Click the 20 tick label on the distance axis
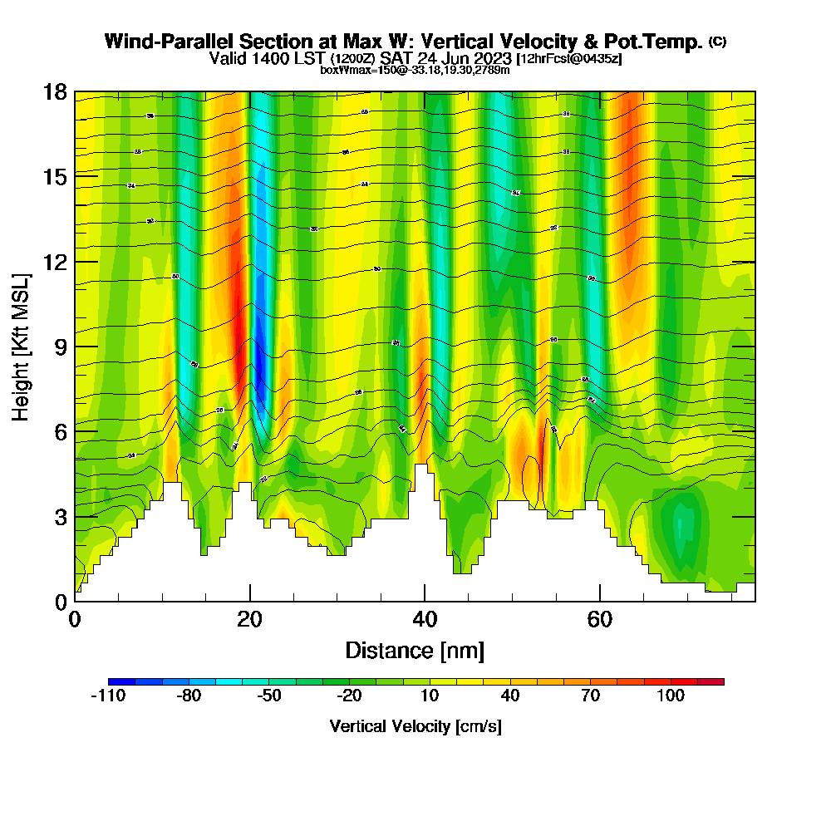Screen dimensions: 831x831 tap(249, 620)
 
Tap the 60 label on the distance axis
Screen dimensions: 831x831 tap(600, 620)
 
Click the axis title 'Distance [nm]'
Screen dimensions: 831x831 tap(415, 650)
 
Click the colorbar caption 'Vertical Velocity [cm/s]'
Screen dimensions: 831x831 tap(415, 726)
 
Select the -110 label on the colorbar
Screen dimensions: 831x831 tap(107, 696)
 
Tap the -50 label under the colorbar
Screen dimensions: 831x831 tap(269, 696)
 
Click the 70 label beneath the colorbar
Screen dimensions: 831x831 tap(590, 696)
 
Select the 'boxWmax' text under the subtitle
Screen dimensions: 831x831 tap(344, 70)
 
